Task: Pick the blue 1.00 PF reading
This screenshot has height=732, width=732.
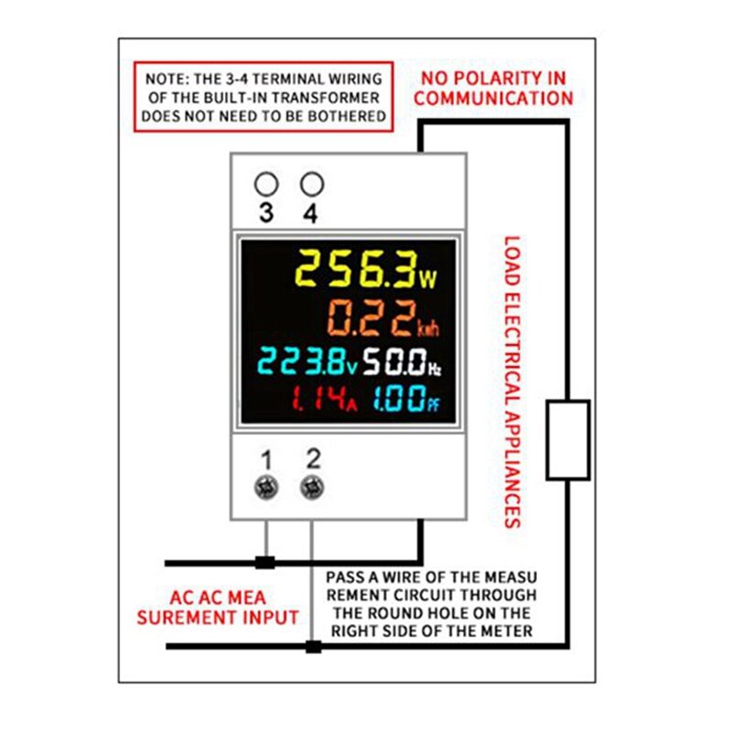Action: pos(406,400)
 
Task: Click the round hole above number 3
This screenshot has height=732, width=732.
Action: pos(266,184)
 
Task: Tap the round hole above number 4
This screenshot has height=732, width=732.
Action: pos(312,184)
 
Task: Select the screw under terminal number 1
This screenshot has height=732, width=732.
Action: pos(266,488)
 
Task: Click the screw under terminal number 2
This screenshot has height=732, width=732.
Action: pos(312,488)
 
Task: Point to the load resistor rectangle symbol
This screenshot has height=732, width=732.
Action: pos(567,439)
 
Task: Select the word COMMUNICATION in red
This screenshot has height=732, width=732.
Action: pos(493,99)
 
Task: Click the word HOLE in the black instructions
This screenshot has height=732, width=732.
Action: pos(461,613)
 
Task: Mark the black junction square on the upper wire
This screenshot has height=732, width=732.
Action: pos(265,562)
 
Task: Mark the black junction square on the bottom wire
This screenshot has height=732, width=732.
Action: pos(313,647)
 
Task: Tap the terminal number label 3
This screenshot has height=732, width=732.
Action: pos(266,214)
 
